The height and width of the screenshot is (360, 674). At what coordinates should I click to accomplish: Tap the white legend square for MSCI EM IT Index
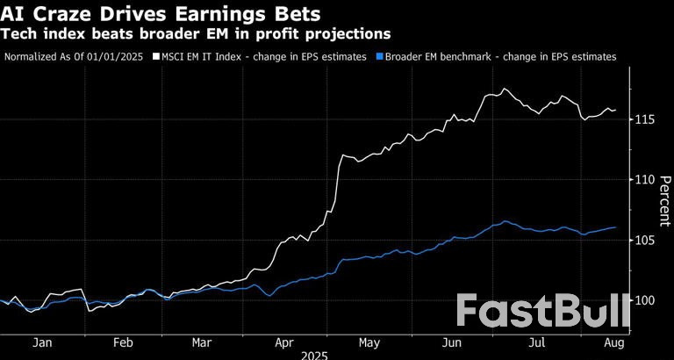[x=156, y=56]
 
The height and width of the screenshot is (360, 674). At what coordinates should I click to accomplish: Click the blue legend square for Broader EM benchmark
[x=379, y=56]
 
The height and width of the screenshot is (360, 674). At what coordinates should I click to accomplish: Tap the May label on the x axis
[x=369, y=343]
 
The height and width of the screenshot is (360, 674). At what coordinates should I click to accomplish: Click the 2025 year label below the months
[x=315, y=356]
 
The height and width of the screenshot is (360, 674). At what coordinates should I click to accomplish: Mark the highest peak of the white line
[x=504, y=89]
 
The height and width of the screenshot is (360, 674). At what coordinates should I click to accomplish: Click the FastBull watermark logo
[x=544, y=313]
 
